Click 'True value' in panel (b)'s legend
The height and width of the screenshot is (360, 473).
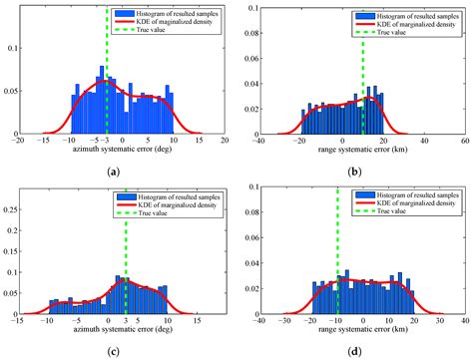click(395, 32)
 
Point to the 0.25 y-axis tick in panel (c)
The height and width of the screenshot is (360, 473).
click(21, 209)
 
